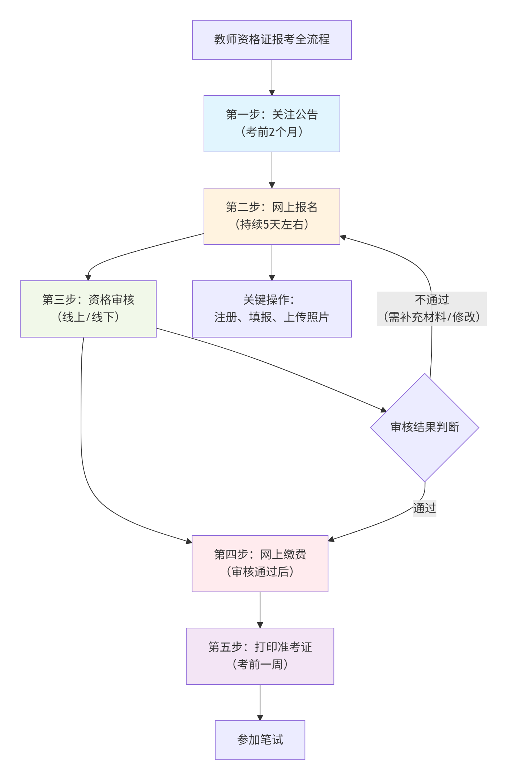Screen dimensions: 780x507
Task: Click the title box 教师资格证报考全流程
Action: [x=272, y=39]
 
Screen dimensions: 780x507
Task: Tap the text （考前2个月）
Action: [x=272, y=132]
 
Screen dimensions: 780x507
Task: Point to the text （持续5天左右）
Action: [x=272, y=225]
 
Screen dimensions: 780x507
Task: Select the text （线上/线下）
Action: [x=88, y=317]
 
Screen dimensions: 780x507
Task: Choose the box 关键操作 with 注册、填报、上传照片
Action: [x=272, y=309]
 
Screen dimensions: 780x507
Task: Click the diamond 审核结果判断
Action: [x=425, y=427]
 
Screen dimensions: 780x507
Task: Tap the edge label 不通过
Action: [x=431, y=300]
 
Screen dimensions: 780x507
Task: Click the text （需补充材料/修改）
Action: [x=431, y=317]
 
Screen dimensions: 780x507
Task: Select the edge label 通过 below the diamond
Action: [x=425, y=508]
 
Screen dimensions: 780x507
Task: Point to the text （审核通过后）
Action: [x=260, y=572]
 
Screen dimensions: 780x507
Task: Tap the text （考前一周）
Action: [x=260, y=665]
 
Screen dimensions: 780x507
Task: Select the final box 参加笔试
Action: [x=260, y=740]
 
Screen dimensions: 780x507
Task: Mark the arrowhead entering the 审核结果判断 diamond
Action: [x=384, y=410]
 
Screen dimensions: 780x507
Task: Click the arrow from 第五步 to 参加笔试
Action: [x=260, y=702]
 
